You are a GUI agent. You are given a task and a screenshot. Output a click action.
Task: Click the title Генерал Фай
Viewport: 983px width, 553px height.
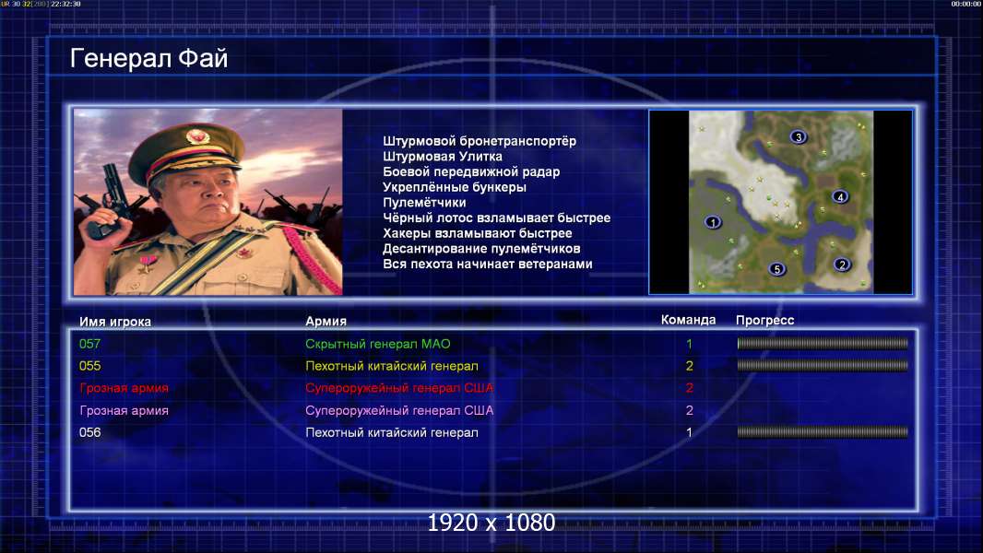[x=148, y=58]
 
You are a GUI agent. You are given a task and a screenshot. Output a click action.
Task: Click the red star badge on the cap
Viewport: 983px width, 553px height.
[x=196, y=135]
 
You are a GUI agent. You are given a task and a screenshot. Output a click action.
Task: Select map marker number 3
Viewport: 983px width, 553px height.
[x=798, y=136]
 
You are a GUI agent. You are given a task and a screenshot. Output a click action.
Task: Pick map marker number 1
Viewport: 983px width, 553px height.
[x=712, y=222]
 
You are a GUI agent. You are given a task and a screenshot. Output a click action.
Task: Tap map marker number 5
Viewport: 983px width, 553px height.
[x=776, y=269]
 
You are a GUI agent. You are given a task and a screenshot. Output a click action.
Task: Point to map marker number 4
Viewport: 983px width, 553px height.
[x=840, y=196]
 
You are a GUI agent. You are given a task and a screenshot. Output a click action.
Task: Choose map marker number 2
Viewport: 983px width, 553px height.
[x=842, y=265]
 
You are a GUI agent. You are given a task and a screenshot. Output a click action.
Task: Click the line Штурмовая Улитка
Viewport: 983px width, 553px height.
[x=443, y=157]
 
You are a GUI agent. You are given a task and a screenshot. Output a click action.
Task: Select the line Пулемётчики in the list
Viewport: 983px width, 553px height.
[x=424, y=202]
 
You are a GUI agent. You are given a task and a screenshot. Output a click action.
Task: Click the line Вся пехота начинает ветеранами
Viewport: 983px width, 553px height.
[x=488, y=264]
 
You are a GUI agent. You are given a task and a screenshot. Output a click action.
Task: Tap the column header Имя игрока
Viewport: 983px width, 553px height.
[x=114, y=322]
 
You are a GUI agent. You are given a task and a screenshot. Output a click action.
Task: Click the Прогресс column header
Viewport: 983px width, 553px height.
[x=764, y=321]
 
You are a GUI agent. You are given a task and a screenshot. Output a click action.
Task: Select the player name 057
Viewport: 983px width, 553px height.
[x=89, y=344]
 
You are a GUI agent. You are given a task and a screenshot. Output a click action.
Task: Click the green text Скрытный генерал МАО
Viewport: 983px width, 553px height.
[x=378, y=344]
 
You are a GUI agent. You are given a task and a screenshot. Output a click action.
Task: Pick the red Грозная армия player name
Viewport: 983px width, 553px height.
[x=124, y=388]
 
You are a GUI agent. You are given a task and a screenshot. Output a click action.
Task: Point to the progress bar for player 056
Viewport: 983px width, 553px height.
[x=823, y=432]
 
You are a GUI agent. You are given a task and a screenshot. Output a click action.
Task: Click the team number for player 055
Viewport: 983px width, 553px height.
[x=689, y=366]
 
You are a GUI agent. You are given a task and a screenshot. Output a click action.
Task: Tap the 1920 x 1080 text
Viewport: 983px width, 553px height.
[x=491, y=523]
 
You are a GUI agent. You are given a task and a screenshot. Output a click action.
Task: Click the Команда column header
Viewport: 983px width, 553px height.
[x=688, y=320]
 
